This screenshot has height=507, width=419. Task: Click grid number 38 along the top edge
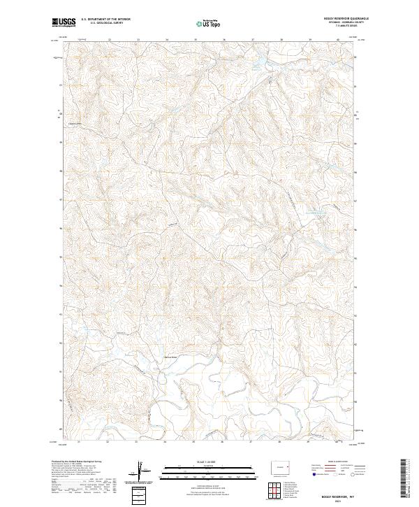281,41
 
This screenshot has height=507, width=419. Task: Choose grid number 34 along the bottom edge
165,442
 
